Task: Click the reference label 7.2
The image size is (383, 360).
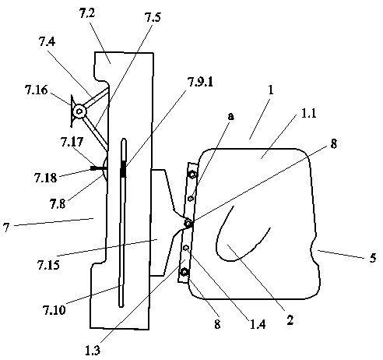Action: coord(87,13)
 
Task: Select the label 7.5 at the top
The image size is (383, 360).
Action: coord(153,17)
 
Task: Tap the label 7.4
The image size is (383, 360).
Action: coord(47,41)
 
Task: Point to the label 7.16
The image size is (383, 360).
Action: coord(37,90)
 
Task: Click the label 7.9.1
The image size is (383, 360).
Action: coord(200,82)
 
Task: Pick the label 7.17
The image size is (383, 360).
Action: coord(72,142)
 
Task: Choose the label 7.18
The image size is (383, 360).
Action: coord(45,178)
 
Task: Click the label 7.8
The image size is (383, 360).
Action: coord(58,203)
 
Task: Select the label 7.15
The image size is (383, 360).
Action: coord(48,265)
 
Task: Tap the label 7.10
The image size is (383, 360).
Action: coord(54,310)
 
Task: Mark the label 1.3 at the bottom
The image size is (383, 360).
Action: coord(93,351)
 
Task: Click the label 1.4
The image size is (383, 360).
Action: coord(258,324)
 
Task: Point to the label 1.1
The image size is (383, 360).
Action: coord(309,114)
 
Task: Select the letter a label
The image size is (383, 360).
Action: coord(230,116)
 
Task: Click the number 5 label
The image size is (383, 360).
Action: coord(373,258)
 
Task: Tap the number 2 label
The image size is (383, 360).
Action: coord(290,319)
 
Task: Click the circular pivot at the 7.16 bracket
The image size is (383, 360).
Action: coord(79,112)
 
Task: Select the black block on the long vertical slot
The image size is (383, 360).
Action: coord(124,169)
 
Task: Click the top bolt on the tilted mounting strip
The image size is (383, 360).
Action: coord(192,175)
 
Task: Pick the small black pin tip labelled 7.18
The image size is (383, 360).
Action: coord(93,168)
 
